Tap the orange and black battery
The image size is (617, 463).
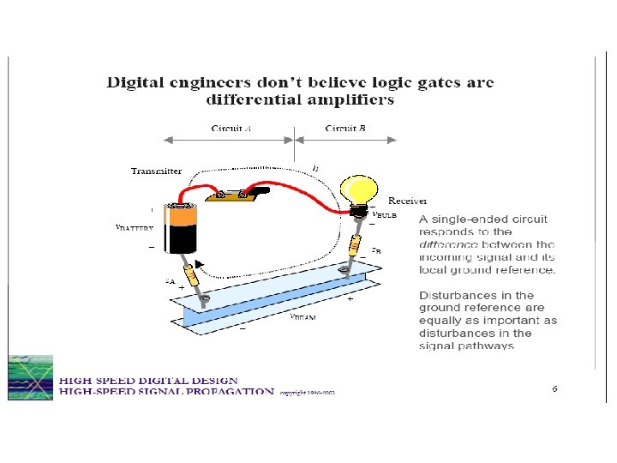coord(182,229)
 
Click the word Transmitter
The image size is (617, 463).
coord(156,171)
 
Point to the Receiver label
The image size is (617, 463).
coord(408,201)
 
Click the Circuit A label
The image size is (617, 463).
coord(231,129)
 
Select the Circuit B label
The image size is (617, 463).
coord(346,129)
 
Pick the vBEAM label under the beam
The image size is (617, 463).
coord(302,316)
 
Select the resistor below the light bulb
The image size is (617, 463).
coord(354,246)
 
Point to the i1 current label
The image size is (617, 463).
coord(315,168)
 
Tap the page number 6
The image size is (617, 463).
coord(554,388)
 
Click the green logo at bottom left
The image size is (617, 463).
coord(30,377)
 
